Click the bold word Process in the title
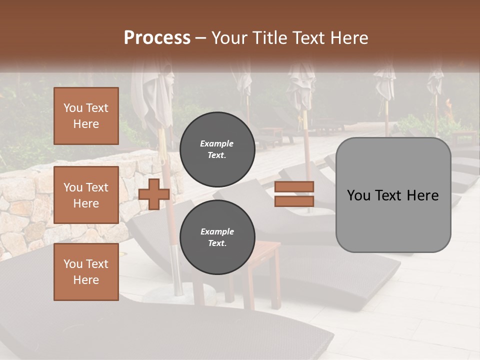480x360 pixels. pyautogui.click(x=157, y=38)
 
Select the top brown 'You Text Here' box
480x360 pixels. pyautogui.click(x=86, y=116)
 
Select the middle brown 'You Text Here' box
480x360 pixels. pyautogui.click(x=86, y=195)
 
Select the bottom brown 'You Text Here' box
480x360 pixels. pyautogui.click(x=86, y=272)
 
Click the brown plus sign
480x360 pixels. pyautogui.click(x=154, y=194)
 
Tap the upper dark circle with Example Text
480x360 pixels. pyautogui.click(x=217, y=149)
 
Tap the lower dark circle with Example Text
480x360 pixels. pyautogui.click(x=217, y=237)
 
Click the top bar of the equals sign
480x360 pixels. pyautogui.click(x=294, y=186)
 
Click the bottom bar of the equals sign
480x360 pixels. pyautogui.click(x=294, y=201)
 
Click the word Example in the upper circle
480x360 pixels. pyautogui.click(x=217, y=143)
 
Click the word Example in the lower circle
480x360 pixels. pyautogui.click(x=217, y=231)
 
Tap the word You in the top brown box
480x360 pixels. pyautogui.click(x=73, y=108)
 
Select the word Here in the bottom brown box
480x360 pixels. pyautogui.click(x=86, y=280)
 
